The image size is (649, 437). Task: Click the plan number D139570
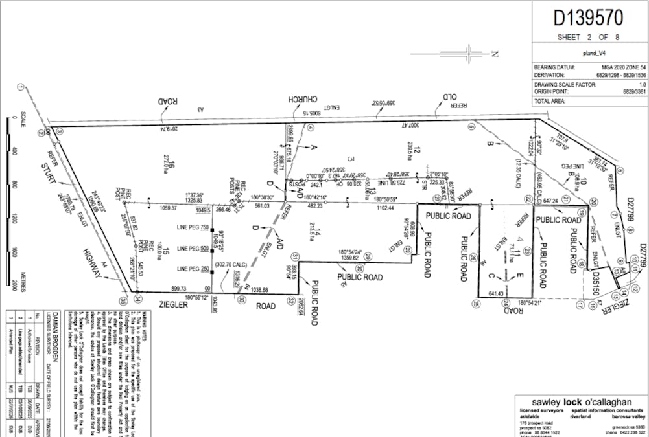point(587,16)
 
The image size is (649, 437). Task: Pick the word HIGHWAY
point(91,259)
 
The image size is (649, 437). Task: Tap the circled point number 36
point(122,300)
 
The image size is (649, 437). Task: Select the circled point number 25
point(476,302)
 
